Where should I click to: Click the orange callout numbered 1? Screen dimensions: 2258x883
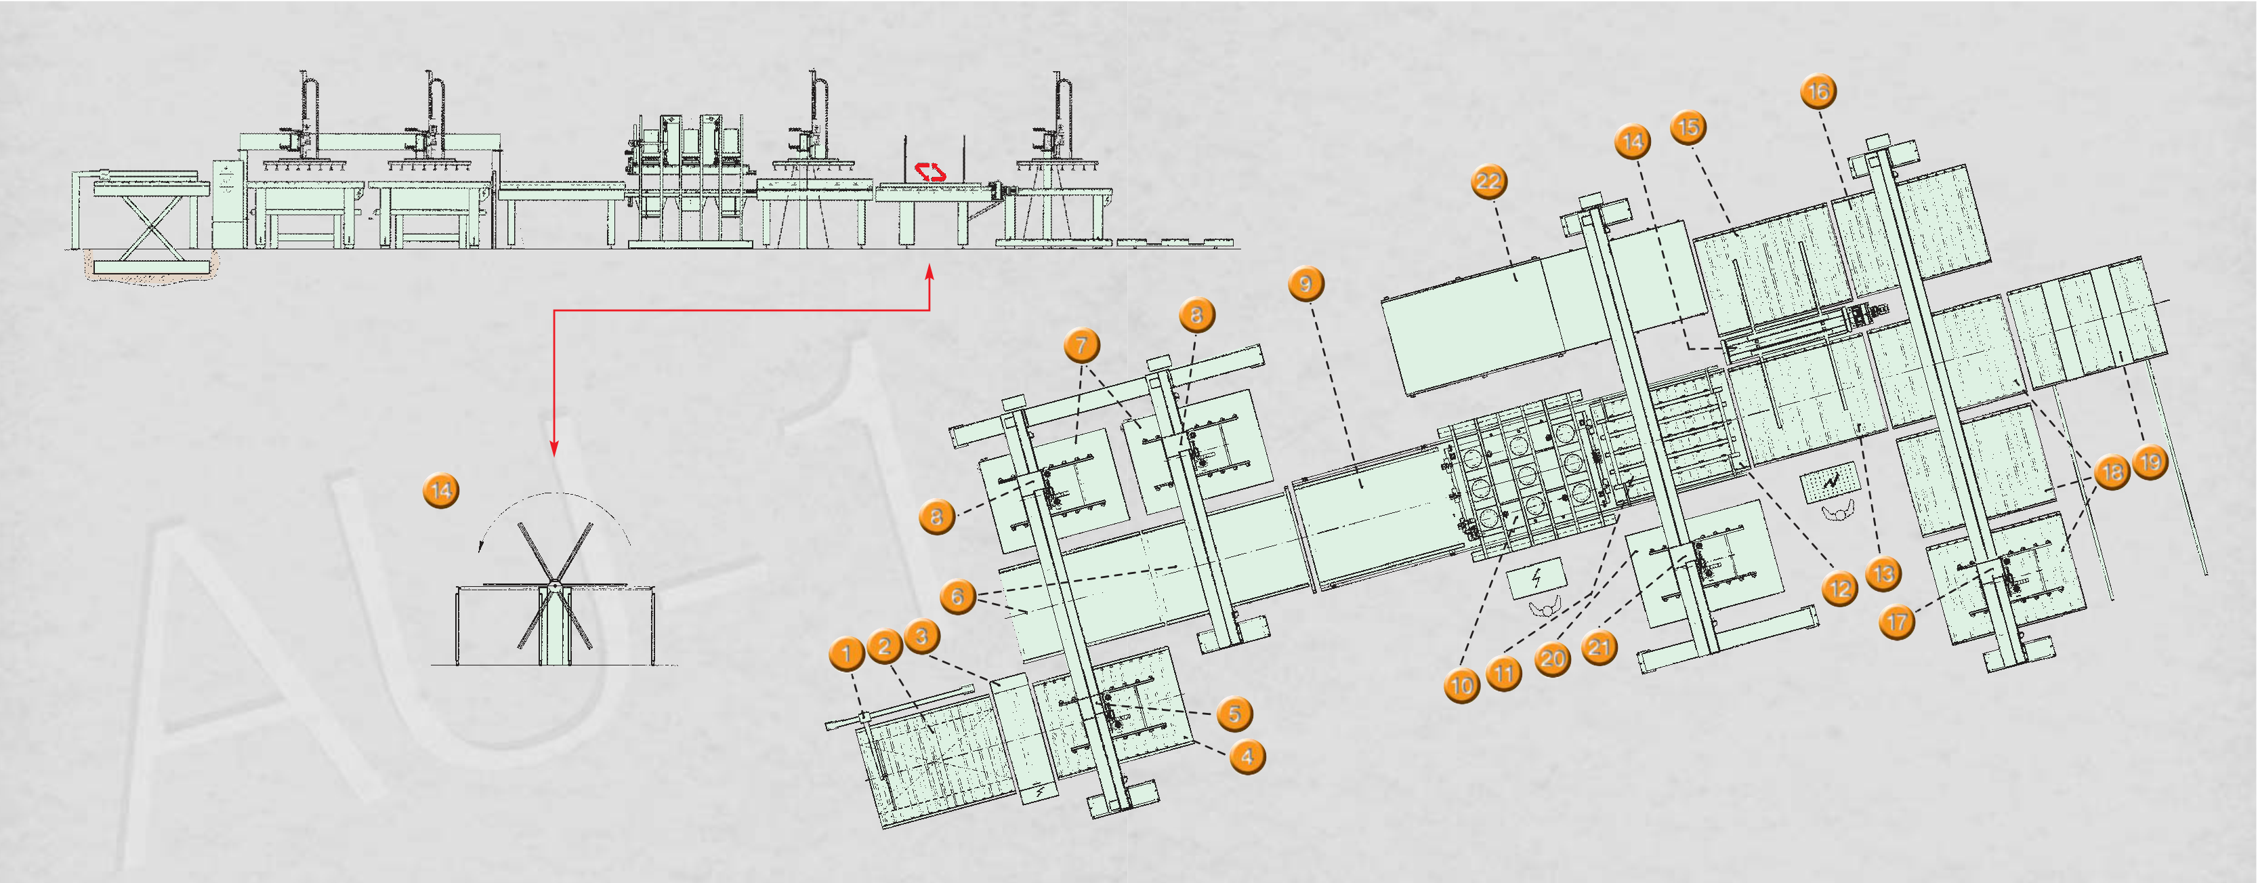[x=846, y=653]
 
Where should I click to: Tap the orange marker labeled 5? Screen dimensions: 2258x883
[x=1234, y=714]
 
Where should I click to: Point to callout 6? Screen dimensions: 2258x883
[x=957, y=597]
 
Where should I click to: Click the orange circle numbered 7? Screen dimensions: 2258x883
[x=1082, y=346]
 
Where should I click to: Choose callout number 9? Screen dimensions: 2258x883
[x=1306, y=284]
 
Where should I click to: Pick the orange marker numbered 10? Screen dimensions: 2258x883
[x=1461, y=686]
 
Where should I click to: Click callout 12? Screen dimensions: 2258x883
[x=1840, y=588]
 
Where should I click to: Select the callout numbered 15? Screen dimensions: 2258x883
[x=1688, y=128]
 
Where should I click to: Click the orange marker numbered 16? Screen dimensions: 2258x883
[x=1818, y=91]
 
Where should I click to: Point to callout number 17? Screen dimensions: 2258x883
[x=1897, y=623]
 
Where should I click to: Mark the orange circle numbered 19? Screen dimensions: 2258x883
[x=2150, y=462]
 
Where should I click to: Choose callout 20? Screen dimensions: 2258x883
[x=1552, y=659]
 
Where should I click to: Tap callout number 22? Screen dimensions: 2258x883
[x=1488, y=182]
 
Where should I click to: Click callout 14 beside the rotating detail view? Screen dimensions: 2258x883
[x=441, y=490]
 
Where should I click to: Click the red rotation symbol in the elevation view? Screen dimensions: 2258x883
[x=930, y=172]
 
